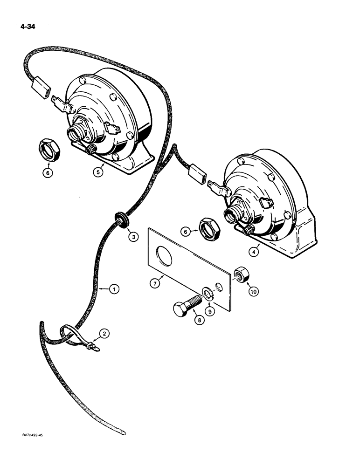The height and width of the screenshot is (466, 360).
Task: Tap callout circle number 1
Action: [113, 289]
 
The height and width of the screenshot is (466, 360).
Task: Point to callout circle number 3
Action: [133, 237]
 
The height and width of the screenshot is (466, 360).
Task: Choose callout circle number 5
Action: [97, 172]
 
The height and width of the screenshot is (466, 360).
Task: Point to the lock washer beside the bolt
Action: [206, 294]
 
